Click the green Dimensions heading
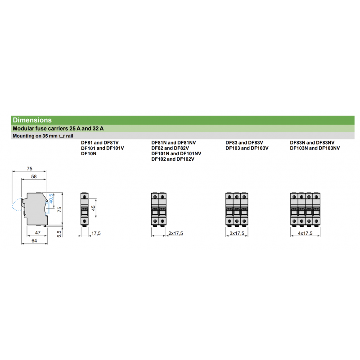(32, 120)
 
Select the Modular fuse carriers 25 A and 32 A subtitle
(58, 128)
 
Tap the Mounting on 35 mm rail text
(43, 135)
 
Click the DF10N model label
(89, 153)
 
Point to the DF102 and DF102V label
(172, 159)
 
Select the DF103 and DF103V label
(247, 148)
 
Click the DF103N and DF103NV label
(315, 148)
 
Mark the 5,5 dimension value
(58, 233)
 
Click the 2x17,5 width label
(175, 233)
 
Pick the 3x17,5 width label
(237, 233)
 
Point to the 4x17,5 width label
(304, 233)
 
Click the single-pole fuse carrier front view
(84, 208)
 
